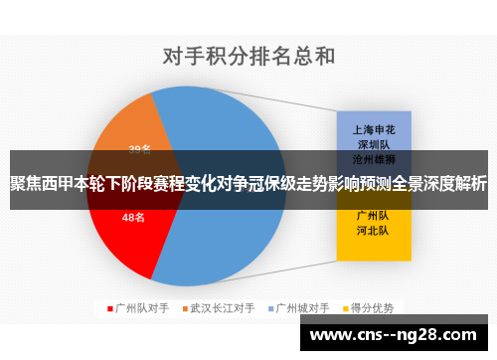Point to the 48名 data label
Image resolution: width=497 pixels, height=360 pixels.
click(133, 217)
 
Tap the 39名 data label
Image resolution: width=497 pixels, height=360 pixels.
click(140, 150)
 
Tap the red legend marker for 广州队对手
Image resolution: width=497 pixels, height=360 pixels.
click(110, 307)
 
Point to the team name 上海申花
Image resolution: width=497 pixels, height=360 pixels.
click(374, 129)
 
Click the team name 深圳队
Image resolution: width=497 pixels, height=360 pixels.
click(374, 143)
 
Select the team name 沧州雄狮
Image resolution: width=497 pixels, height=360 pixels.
click(374, 158)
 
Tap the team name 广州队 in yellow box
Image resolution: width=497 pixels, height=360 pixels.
click(374, 214)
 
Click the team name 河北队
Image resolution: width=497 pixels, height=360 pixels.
click(374, 229)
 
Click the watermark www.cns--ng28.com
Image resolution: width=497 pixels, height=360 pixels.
click(398, 335)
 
